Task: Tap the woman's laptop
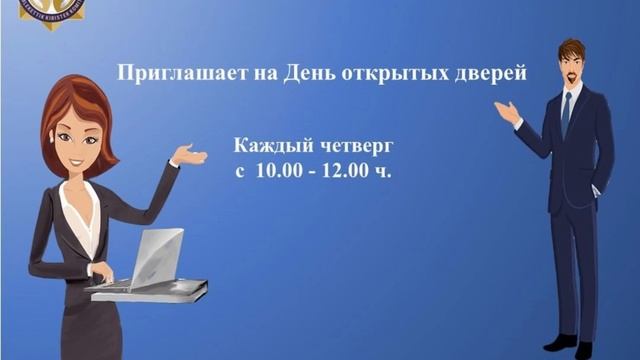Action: pyautogui.click(x=150, y=260)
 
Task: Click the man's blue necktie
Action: pyautogui.click(x=565, y=115)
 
